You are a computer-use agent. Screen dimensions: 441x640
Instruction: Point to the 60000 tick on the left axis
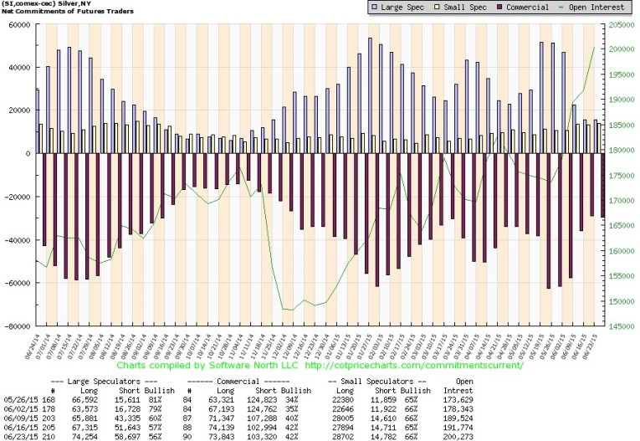pos(18,24)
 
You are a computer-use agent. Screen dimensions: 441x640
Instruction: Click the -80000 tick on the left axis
pos(16,326)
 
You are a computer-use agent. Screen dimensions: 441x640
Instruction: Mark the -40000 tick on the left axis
pos(16,240)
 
